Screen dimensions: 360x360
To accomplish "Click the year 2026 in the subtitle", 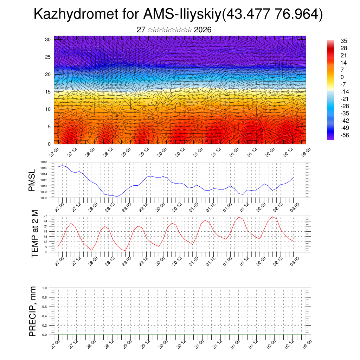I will coord(202,30).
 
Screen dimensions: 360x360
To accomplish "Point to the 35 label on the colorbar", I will coord(344,41).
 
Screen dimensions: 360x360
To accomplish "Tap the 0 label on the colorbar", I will coord(342,77).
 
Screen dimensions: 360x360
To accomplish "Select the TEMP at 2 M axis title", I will coord(34,233).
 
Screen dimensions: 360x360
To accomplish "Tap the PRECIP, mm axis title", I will coord(33,311).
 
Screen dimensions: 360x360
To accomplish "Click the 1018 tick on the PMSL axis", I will coord(44,162).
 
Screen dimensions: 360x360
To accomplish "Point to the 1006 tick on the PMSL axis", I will coord(44,198).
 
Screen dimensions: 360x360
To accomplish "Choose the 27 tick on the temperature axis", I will coord(45,216).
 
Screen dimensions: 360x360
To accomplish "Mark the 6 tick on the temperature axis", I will coord(46,252).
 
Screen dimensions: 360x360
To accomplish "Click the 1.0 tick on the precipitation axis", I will coord(44,288).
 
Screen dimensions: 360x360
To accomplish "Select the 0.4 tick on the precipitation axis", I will coord(44,316).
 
